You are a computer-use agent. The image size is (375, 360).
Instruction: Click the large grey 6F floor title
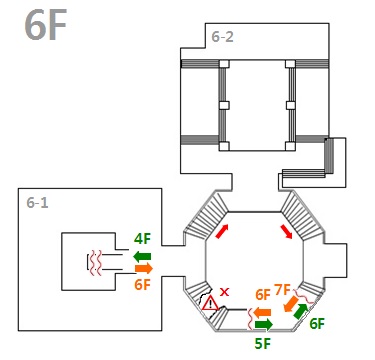pyautogui.click(x=45, y=25)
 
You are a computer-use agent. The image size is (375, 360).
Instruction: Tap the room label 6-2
pyautogui.click(x=222, y=37)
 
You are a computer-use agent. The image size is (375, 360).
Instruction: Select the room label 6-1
pyautogui.click(x=37, y=203)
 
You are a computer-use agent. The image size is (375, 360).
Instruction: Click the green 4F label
pyautogui.click(x=142, y=239)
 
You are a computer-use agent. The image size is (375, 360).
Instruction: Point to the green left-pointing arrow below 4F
pyautogui.click(x=142, y=256)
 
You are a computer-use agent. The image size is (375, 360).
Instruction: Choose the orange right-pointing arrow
pyautogui.click(x=144, y=268)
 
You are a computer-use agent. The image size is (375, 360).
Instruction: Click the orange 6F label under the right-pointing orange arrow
pyautogui.click(x=143, y=285)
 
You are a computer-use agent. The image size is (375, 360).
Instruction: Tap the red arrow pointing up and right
pyautogui.click(x=222, y=231)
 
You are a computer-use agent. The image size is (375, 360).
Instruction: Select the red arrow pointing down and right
pyautogui.click(x=286, y=232)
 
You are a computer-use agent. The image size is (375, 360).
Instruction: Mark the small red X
pyautogui.click(x=225, y=292)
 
